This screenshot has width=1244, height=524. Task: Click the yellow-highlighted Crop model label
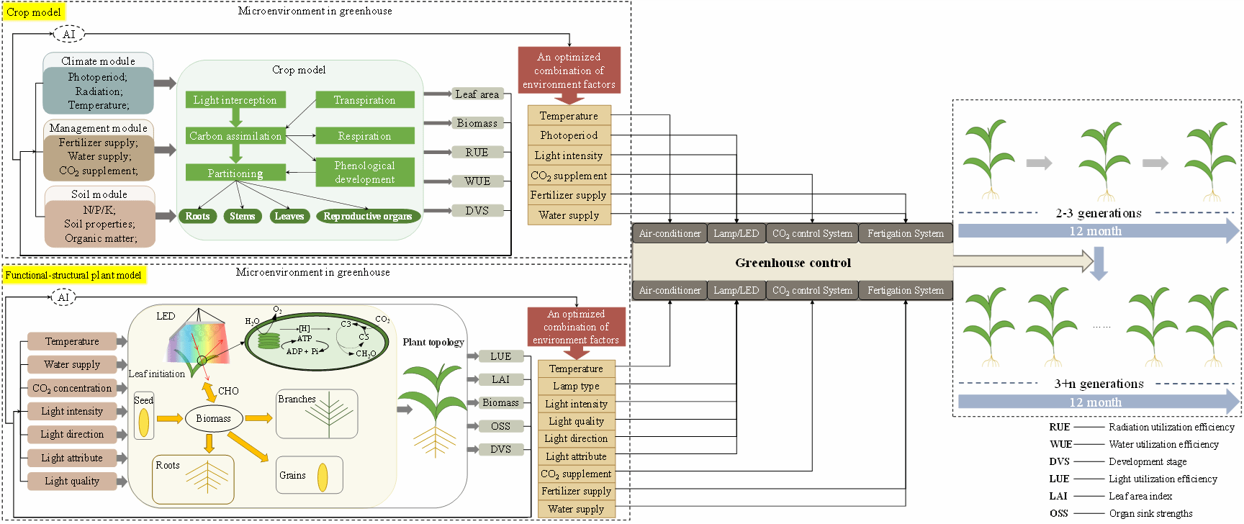(34, 12)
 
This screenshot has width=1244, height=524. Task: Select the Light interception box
(235, 100)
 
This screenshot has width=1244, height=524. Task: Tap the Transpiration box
(364, 100)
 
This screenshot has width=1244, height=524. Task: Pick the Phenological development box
(364, 172)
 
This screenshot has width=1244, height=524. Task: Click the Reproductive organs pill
(368, 216)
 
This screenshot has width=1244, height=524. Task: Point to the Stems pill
(242, 216)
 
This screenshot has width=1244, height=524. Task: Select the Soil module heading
(99, 194)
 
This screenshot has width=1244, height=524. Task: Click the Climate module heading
(98, 61)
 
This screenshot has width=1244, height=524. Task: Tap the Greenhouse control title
(793, 263)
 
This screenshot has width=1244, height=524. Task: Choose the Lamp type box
(576, 386)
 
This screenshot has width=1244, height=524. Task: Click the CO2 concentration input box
(72, 388)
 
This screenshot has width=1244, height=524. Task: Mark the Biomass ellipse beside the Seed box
(213, 418)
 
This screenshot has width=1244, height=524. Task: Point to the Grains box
(309, 476)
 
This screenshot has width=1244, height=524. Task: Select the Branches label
(297, 399)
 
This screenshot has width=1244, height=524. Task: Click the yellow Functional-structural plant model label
(73, 275)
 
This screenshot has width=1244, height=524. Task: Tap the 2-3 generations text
(1099, 213)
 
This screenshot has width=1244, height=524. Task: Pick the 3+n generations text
(1099, 384)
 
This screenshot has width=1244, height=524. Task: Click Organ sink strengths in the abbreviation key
(1150, 513)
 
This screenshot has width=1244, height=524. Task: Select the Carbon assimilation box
(235, 136)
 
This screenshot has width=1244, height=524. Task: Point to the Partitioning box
(235, 173)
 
